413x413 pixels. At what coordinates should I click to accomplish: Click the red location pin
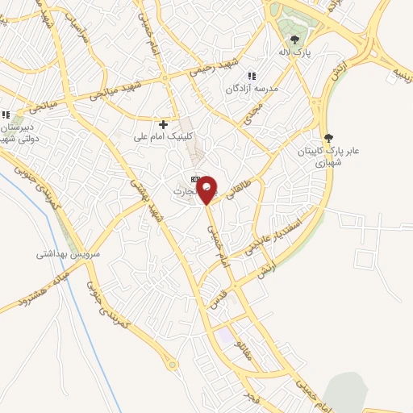[208, 189]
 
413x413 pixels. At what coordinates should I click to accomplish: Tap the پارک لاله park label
[296, 53]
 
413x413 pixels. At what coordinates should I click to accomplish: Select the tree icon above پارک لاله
[296, 39]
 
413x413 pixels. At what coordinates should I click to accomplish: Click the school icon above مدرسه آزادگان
[252, 76]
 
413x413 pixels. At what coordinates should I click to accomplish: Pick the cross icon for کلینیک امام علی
[164, 124]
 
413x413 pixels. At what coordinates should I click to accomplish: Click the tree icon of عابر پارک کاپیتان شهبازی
[327, 137]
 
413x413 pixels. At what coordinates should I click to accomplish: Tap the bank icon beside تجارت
[194, 178]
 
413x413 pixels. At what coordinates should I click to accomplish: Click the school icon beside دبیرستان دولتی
[6, 115]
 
